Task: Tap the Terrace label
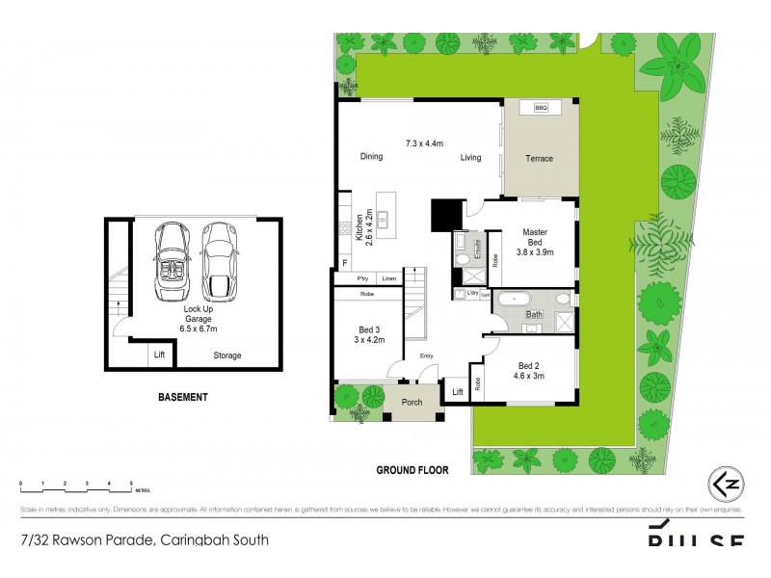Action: click(x=539, y=159)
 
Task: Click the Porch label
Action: click(x=412, y=402)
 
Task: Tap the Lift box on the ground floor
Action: click(x=457, y=391)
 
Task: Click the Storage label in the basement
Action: click(x=227, y=355)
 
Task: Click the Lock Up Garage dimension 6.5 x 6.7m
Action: click(x=198, y=328)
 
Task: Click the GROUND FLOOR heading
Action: click(x=412, y=470)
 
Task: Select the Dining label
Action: click(x=371, y=156)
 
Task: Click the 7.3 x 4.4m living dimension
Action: click(x=424, y=144)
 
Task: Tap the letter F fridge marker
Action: click(x=344, y=263)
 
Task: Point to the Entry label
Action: click(x=426, y=356)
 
